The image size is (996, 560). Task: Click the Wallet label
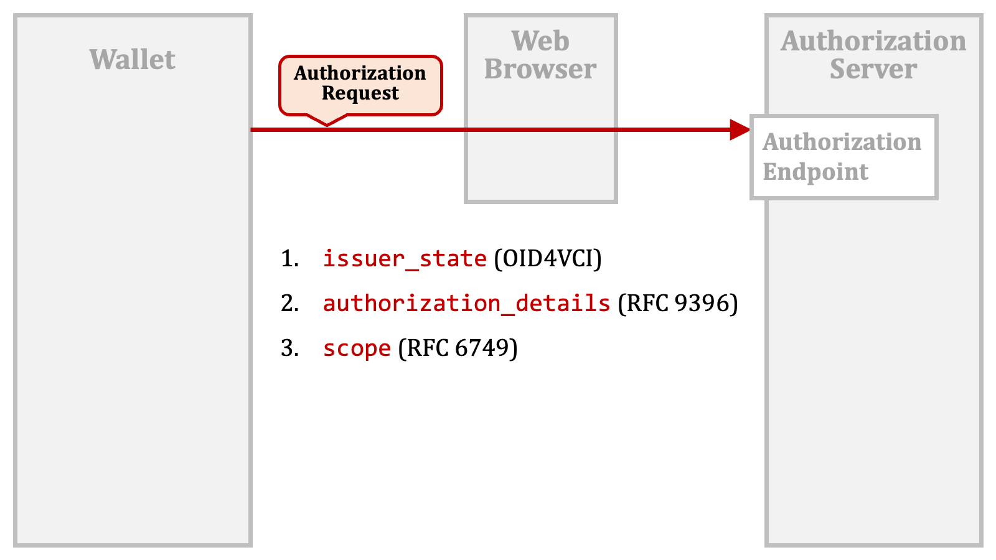[133, 60]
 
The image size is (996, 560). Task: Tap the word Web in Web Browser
[540, 41]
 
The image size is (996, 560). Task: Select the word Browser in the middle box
[540, 69]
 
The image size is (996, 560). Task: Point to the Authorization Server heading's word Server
[873, 69]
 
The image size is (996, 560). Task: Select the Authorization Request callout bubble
[360, 86]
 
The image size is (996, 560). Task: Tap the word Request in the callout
[360, 93]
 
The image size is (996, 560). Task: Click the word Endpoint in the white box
[815, 172]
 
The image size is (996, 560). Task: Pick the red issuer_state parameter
[405, 259]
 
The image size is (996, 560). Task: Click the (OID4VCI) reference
[548, 259]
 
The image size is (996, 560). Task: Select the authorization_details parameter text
[466, 304]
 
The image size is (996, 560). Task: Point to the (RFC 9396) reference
[678, 304]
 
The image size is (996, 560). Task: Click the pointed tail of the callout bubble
[327, 124]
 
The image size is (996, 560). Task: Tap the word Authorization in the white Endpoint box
[842, 142]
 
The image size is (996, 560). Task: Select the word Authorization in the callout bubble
[360, 73]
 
